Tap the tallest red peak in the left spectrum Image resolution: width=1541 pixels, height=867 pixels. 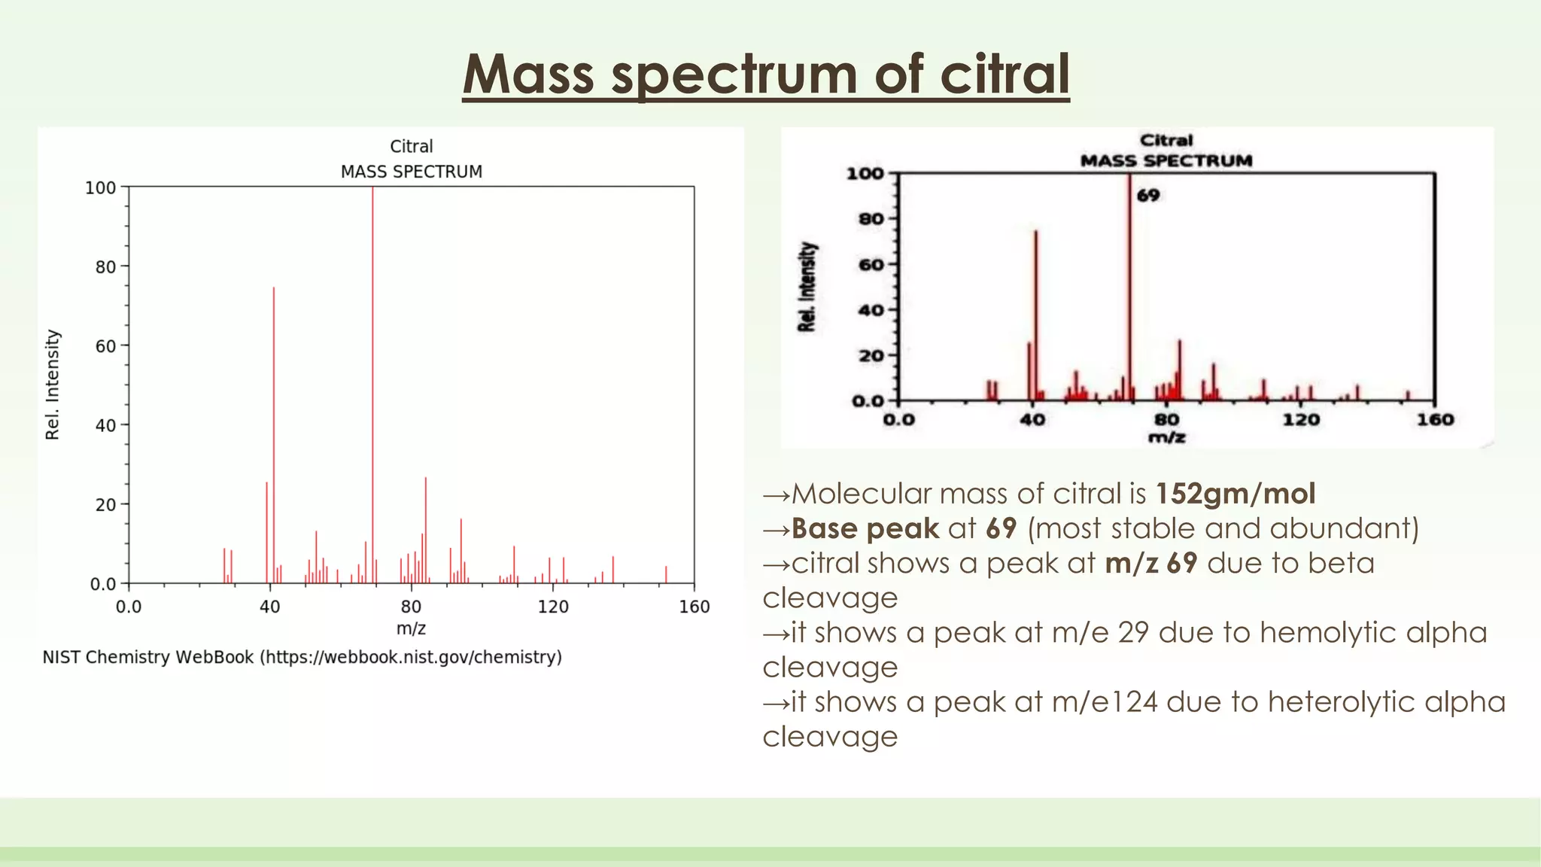click(x=372, y=376)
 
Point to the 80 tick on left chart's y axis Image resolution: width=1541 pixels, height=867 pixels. click(x=105, y=267)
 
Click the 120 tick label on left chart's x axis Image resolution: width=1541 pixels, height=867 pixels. click(x=553, y=607)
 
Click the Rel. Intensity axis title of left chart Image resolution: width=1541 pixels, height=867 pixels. click(x=52, y=385)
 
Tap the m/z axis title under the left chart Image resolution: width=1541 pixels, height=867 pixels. click(x=411, y=628)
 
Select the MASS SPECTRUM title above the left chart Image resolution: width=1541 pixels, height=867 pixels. click(x=411, y=172)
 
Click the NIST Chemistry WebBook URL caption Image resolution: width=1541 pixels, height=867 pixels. click(x=302, y=657)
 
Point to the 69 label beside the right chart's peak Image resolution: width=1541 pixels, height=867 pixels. click(x=1147, y=196)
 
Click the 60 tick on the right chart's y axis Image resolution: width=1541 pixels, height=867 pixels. click(x=871, y=265)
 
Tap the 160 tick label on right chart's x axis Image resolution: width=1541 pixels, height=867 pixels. click(x=1435, y=420)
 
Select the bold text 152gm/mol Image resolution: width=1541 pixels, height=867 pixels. click(x=1236, y=494)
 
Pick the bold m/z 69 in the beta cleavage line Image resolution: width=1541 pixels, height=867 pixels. click(x=1150, y=563)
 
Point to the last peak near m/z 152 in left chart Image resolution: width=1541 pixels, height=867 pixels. click(x=666, y=574)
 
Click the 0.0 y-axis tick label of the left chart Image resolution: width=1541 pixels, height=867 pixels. click(x=103, y=584)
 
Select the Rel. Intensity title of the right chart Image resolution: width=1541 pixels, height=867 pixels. click(x=807, y=287)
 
